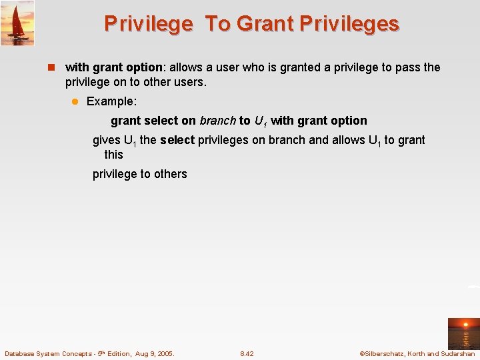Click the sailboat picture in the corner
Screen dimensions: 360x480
[x=17, y=23]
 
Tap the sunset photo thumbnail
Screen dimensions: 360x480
[x=463, y=333]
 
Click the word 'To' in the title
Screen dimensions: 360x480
[x=217, y=24]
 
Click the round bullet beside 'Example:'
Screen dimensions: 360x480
[x=75, y=101]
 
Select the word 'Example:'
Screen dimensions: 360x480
[x=111, y=101]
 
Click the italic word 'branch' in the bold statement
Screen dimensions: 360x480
[x=217, y=121]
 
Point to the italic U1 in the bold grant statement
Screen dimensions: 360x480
[x=260, y=121]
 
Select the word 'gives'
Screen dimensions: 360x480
[x=107, y=140]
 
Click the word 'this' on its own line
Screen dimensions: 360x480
[x=113, y=155]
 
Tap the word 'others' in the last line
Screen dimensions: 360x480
[x=171, y=174]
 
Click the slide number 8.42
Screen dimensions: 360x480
[x=247, y=354]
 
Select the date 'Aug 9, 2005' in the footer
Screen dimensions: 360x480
[x=154, y=354]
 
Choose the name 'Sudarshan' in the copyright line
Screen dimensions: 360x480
[x=458, y=354]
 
